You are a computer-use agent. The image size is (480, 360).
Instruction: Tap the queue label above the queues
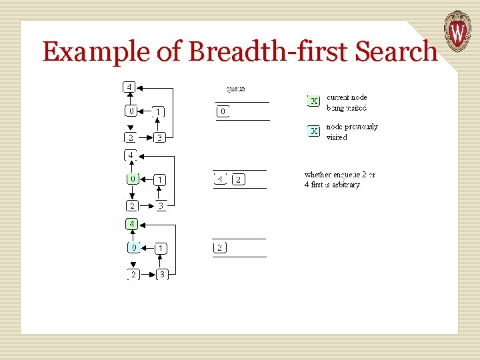[235, 88]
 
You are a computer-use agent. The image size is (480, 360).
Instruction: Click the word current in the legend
[337, 97]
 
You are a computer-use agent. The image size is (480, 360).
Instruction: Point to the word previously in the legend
[361, 127]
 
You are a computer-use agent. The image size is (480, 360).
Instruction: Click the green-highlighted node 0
[133, 179]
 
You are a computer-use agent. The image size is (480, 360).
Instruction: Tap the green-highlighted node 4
[132, 223]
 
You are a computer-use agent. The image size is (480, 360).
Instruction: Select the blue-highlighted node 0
[133, 247]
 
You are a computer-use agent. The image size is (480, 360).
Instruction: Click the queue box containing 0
[223, 111]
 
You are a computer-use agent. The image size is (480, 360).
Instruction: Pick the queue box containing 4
[220, 179]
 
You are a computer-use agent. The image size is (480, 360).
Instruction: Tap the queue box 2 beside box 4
[238, 179]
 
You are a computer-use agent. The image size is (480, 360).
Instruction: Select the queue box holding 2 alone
[220, 248]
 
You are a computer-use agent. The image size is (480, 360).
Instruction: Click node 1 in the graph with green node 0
[159, 179]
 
